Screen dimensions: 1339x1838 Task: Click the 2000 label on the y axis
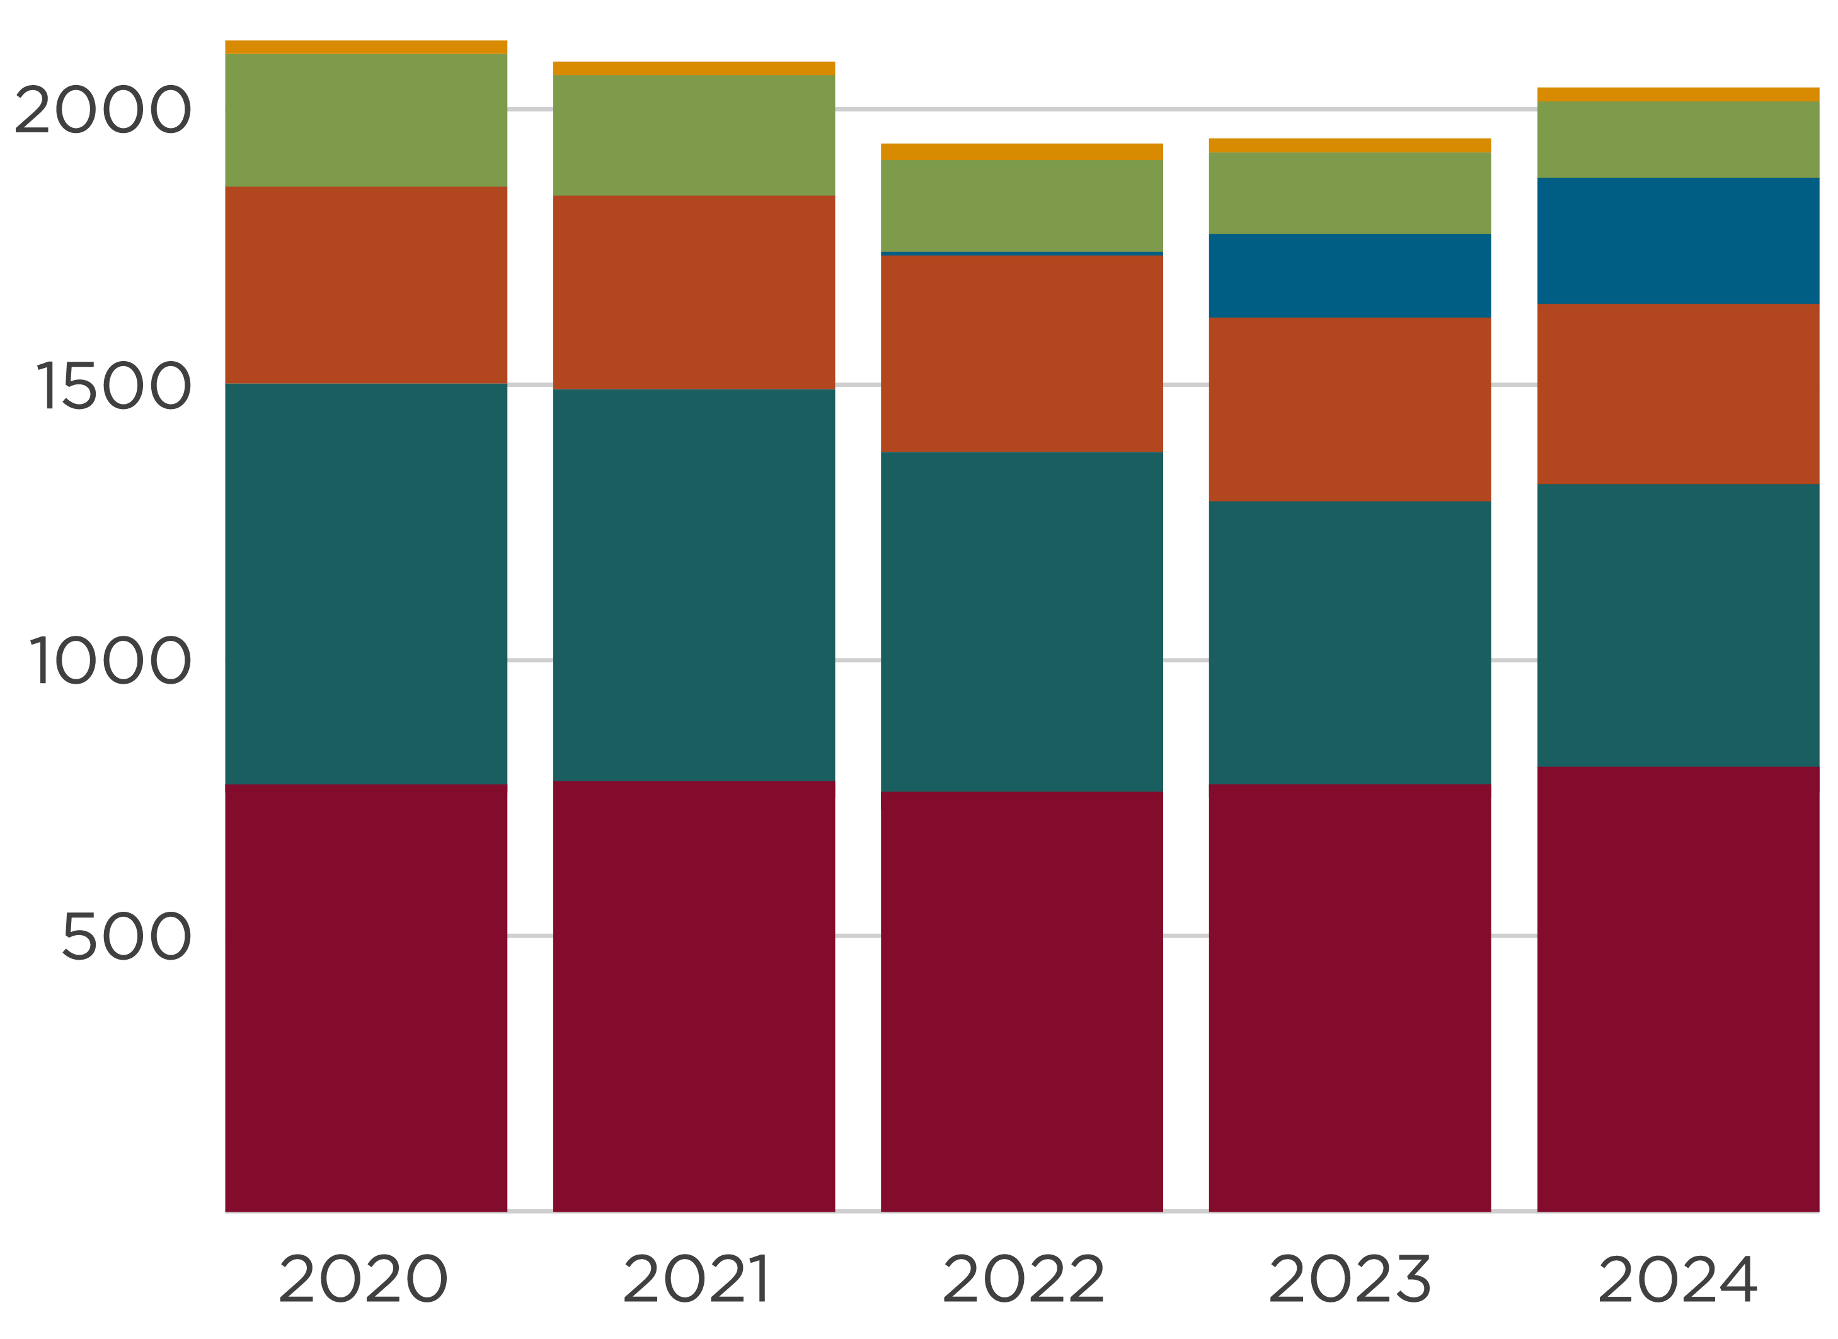pos(103,110)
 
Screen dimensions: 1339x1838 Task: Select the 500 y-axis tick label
pos(125,937)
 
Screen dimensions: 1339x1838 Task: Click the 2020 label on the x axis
pos(363,1280)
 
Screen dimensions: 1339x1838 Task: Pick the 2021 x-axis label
pos(696,1280)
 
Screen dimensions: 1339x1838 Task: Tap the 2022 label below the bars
pos(1023,1280)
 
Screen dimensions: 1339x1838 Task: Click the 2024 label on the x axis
pos(1677,1280)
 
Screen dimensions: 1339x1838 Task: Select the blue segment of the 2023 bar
pos(1349,275)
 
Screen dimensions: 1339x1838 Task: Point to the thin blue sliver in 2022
pos(1021,254)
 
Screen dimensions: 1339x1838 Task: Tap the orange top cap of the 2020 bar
pos(366,48)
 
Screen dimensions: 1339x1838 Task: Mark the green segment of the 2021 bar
pos(694,135)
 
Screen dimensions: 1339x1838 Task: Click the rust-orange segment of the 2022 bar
pos(1021,353)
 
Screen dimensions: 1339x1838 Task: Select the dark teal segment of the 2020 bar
pos(366,583)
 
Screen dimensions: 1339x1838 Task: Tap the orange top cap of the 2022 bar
pos(1021,152)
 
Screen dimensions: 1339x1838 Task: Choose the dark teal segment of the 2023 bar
pos(1349,643)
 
